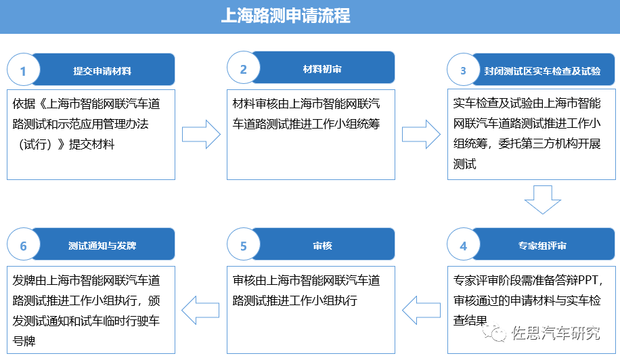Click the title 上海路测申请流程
click(286, 16)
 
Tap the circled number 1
click(23, 70)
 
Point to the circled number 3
click(464, 70)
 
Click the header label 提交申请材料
click(102, 71)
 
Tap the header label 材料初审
click(322, 69)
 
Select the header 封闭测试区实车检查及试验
click(543, 71)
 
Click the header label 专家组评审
click(543, 246)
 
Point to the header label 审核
click(322, 246)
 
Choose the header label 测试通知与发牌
click(102, 246)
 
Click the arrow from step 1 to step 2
click(201, 135)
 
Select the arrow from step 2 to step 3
click(421, 135)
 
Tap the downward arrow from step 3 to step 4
click(543, 200)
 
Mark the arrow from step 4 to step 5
click(421, 310)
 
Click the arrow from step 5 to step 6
click(200, 310)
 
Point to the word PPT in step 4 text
click(588, 280)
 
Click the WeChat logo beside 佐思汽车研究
click(494, 333)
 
